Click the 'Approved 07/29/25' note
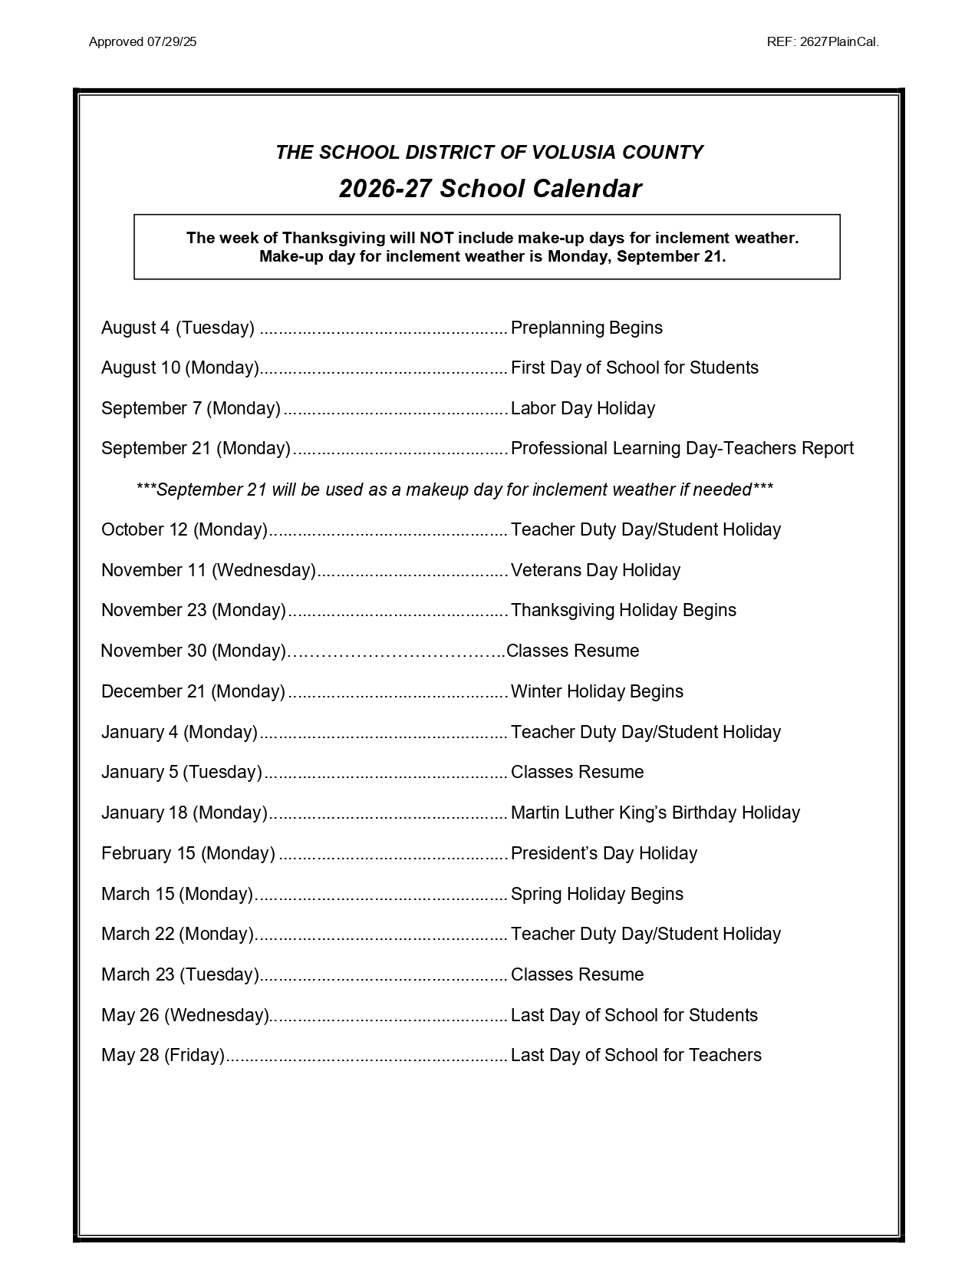143,42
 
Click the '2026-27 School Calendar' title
490,189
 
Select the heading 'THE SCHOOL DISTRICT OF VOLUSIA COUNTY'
489,152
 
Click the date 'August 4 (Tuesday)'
178,328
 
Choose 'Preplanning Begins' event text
587,328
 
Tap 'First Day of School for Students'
634,368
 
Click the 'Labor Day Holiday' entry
583,408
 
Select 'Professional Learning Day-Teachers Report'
682,448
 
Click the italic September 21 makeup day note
454,490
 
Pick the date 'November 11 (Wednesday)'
209,570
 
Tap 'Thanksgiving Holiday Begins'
624,610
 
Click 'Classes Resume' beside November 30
573,651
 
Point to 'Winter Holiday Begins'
597,691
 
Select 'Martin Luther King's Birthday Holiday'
655,813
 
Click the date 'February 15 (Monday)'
188,853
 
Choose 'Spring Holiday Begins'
597,894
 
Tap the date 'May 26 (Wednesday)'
186,1015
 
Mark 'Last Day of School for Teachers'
636,1055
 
